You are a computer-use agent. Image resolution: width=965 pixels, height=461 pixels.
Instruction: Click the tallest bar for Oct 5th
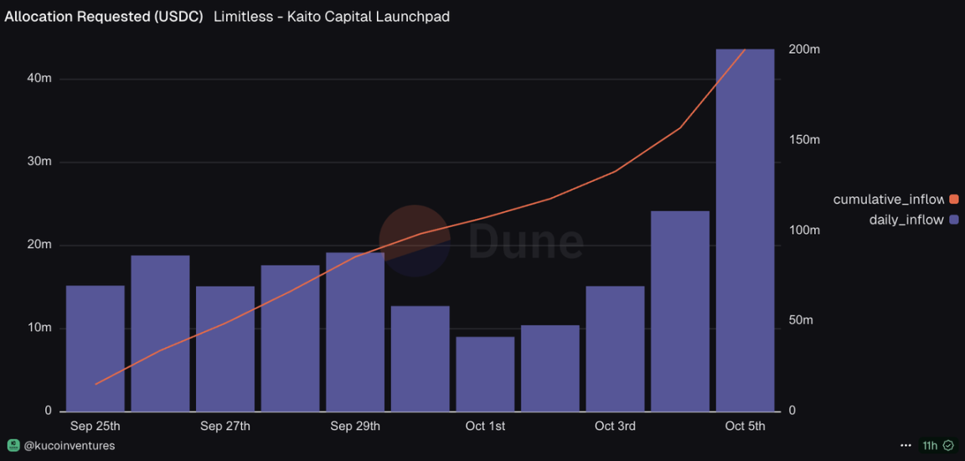point(745,230)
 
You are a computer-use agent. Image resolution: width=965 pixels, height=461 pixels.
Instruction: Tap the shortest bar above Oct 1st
point(485,374)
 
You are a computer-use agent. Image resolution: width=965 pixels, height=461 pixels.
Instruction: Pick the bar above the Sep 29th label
point(355,332)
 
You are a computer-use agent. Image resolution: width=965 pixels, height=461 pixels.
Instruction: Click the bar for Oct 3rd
point(615,349)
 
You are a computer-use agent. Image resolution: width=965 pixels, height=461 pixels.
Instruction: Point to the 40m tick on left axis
point(39,78)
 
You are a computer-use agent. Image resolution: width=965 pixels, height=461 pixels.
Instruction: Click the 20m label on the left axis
point(39,245)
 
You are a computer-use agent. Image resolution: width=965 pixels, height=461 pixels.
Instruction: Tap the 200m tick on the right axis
point(804,49)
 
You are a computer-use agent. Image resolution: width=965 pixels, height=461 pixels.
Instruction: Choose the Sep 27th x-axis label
point(225,427)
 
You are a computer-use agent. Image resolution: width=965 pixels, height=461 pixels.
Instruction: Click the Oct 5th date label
point(745,427)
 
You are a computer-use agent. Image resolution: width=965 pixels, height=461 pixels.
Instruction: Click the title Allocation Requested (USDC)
point(104,17)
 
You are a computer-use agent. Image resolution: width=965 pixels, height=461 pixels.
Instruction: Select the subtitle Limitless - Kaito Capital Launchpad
point(332,17)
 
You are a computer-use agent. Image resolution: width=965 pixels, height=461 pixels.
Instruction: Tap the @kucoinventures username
point(69,446)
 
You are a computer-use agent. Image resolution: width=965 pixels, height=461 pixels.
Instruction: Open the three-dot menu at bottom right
point(906,446)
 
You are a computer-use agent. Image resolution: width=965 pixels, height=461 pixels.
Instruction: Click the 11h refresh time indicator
point(930,446)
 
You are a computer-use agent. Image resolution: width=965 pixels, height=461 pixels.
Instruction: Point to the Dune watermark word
point(525,241)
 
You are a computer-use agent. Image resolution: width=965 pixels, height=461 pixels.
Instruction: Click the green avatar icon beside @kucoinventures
point(13,445)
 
